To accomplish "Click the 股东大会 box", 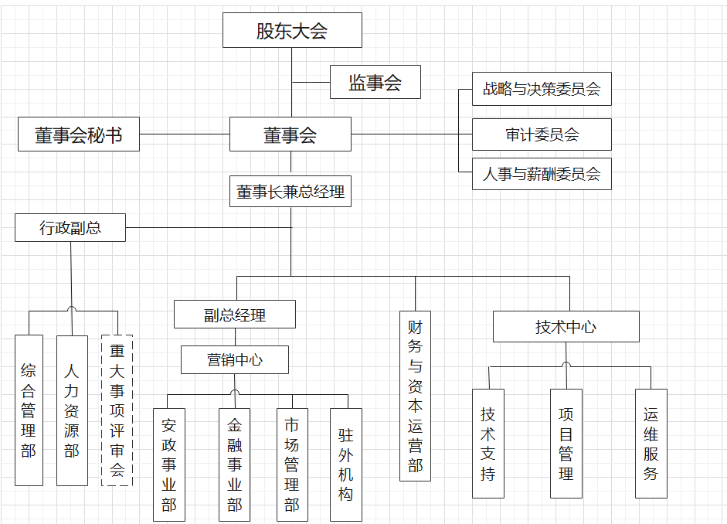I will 292,30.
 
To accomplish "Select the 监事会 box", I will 375,82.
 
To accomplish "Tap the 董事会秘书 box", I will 79,134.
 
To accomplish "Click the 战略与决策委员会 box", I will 542,89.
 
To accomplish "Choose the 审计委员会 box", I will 542,134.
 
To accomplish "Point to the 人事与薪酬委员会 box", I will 542,174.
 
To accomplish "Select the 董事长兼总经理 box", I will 290,192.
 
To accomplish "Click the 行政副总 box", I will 70,228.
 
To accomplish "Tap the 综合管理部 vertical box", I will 29,410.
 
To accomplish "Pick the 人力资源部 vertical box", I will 72,410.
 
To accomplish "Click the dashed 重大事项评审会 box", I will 117,410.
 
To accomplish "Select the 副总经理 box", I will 235,315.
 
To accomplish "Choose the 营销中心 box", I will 235,359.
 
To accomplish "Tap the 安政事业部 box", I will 169,464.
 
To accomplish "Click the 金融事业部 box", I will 234,464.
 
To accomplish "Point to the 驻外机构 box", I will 345,464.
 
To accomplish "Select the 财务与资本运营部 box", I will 415,396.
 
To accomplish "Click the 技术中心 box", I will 566,326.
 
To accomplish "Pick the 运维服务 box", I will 651,443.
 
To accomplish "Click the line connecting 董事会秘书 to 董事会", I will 185,134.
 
